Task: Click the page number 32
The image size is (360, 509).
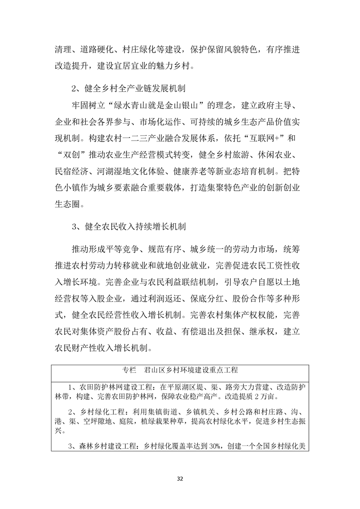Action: pos(180,479)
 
